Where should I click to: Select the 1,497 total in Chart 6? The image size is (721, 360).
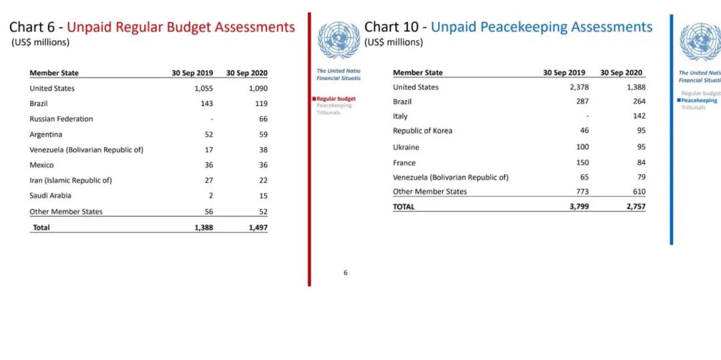258,228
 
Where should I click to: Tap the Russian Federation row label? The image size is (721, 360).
61,119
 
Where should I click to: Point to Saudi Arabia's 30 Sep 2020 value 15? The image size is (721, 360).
263,196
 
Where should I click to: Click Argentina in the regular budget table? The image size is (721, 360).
46,134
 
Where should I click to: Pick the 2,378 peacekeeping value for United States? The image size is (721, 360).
575,87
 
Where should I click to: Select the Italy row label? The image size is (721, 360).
400,116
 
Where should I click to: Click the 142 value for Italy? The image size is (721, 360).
639,116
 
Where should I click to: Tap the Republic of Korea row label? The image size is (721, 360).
423,131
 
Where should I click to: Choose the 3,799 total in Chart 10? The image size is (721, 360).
575,207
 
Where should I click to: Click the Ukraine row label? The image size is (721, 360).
406,147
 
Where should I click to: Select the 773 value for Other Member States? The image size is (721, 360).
580,192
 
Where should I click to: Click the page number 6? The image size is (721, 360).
345,273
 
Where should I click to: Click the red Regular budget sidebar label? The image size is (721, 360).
336,99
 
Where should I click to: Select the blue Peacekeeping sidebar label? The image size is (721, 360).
699,101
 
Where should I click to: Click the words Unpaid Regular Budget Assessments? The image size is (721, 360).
181,27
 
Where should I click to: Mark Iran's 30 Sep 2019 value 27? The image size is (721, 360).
208,180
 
